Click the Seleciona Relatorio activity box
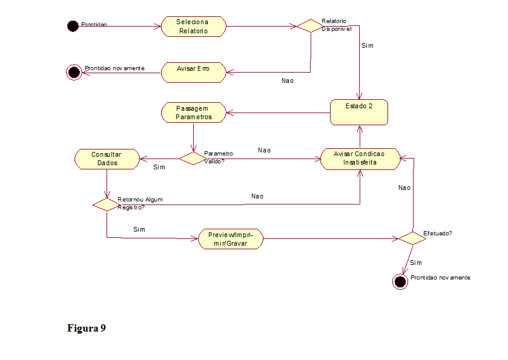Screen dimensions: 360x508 (193, 27)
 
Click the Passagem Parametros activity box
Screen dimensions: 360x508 (194, 113)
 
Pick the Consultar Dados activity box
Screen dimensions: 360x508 (106, 159)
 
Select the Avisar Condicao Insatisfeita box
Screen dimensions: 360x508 (360, 159)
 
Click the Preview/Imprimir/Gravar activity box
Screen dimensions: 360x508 (231, 239)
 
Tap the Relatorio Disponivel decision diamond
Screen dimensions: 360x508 (309, 26)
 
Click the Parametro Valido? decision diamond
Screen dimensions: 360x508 (193, 158)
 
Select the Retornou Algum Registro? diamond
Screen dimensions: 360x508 (106, 204)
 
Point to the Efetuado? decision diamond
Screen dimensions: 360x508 (412, 238)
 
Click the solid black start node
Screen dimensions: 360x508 (73, 26)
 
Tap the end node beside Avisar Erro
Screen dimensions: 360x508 (73, 73)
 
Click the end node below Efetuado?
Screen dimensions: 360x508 (400, 282)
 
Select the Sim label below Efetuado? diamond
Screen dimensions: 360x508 (415, 263)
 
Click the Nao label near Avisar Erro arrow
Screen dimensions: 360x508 (288, 80)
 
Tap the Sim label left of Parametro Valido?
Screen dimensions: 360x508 (159, 167)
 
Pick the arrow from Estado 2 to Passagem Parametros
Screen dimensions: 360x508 (279, 113)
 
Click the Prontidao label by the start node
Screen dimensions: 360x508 (94, 24)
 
